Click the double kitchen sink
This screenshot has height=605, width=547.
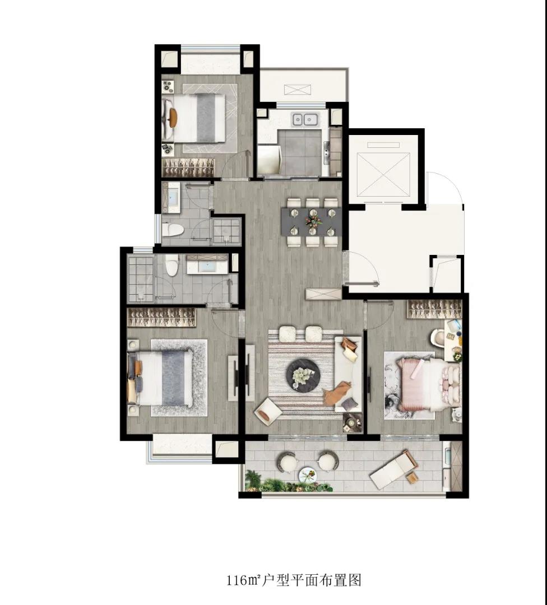(304, 119)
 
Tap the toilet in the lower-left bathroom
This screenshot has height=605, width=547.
(171, 264)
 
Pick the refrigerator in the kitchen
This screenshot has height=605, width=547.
(268, 159)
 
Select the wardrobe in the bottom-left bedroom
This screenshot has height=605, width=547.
(162, 317)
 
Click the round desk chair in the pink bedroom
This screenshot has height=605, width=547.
(438, 337)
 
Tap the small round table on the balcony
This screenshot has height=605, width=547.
(308, 475)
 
